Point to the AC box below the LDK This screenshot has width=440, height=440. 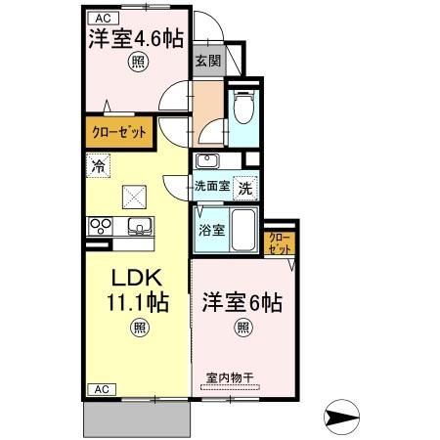click(x=102, y=388)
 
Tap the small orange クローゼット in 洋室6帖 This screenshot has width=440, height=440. click(x=279, y=243)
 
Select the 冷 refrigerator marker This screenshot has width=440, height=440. click(x=98, y=166)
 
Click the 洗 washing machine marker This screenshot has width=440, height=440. click(x=248, y=185)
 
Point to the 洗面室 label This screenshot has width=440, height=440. click(x=211, y=185)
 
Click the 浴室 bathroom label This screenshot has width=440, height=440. click(x=211, y=231)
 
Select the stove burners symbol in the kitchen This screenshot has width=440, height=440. click(x=101, y=226)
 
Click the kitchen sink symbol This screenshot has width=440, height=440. click(x=138, y=229)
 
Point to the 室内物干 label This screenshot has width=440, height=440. click(x=231, y=376)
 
